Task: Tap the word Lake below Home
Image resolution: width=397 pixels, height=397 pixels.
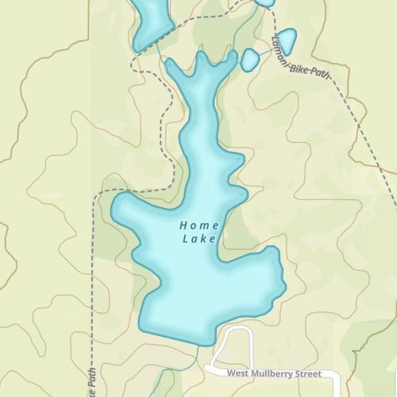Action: pyautogui.click(x=198, y=238)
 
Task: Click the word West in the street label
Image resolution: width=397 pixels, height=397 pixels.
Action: pyautogui.click(x=239, y=372)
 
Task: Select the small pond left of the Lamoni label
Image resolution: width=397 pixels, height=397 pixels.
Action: pyautogui.click(x=250, y=60)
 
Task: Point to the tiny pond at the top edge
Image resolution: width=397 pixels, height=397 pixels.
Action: pyautogui.click(x=264, y=2)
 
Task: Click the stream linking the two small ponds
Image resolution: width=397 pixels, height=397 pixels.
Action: pyautogui.click(x=266, y=51)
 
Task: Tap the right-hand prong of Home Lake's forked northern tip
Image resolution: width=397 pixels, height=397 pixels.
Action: pyautogui.click(x=229, y=60)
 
